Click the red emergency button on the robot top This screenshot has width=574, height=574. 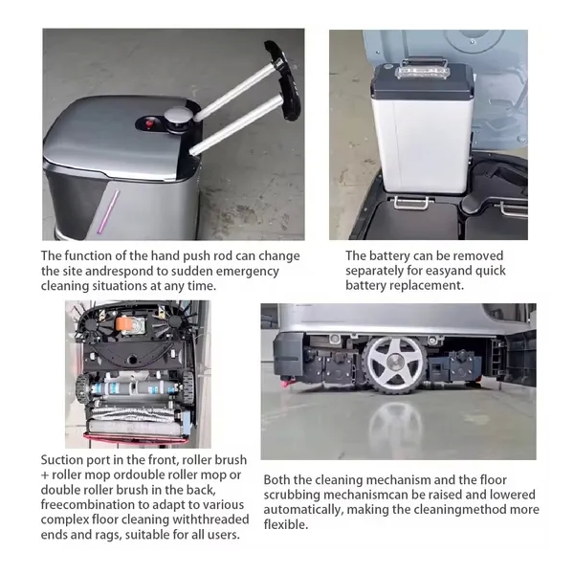coord(149,123)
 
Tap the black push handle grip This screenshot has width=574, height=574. coord(284,80)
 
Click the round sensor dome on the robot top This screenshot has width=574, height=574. coord(178,120)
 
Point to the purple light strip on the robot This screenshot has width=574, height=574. coord(107,211)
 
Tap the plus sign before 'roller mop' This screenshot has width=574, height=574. coord(45,475)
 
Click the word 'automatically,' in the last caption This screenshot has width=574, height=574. coord(304,510)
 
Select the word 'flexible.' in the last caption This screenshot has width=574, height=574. coord(286,524)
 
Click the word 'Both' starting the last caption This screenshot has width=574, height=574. coord(276,480)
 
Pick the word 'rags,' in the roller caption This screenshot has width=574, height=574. coord(106,535)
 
